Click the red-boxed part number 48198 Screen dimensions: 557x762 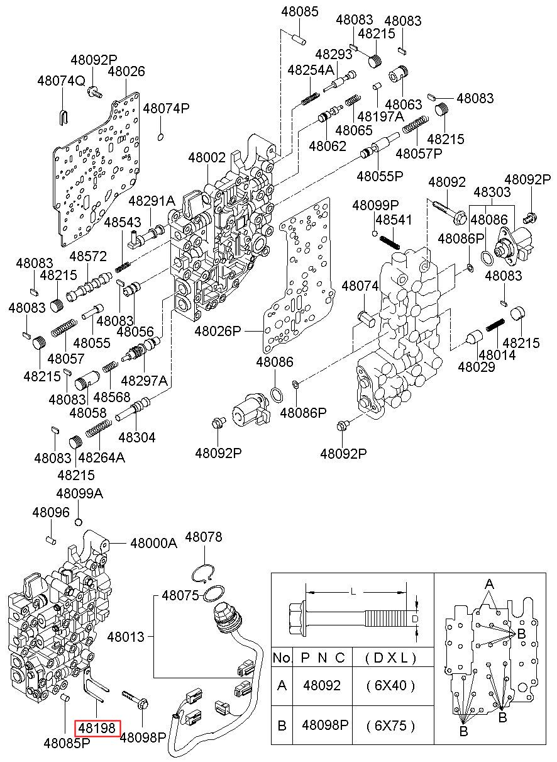coord(97,728)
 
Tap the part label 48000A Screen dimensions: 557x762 coord(154,543)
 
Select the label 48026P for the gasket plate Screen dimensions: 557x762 coord(218,330)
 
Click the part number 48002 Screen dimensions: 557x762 coord(207,158)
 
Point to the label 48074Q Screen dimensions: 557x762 coord(61,81)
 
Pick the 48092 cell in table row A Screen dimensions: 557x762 coord(322,685)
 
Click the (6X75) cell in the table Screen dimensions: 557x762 coord(391,726)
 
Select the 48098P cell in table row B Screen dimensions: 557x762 coord(325,726)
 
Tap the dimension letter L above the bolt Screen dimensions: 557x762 coord(353,592)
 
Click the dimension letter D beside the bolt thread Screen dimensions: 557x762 coord(414,619)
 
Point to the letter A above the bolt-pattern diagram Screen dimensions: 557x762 coord(489,584)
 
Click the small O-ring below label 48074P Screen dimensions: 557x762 coord(161,137)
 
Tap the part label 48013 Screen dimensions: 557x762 coord(126,637)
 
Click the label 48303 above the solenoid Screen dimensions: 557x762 coord(492,192)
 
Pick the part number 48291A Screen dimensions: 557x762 coord(152,201)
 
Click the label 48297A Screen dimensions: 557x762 coord(145,380)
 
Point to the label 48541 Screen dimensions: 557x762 coord(394,220)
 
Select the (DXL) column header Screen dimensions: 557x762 coord(391,658)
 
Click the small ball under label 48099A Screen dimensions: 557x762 coord(79,522)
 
